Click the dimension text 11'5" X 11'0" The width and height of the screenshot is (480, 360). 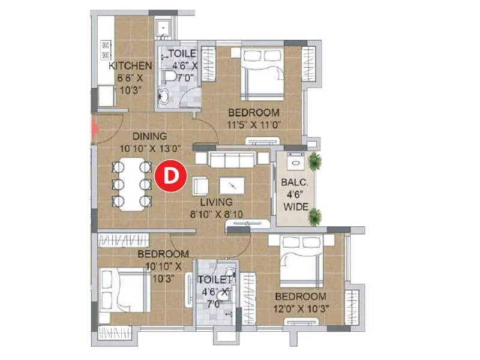click(253, 125)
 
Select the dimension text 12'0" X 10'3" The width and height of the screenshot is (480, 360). click(301, 308)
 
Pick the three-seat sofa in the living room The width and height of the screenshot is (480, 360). click(231, 160)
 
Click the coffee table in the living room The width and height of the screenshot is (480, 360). click(232, 185)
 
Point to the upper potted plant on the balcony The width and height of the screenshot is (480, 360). click(314, 161)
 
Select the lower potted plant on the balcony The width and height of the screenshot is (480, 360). click(314, 217)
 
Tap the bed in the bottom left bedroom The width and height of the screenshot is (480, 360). click(125, 287)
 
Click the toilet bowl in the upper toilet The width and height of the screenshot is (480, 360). click(170, 74)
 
